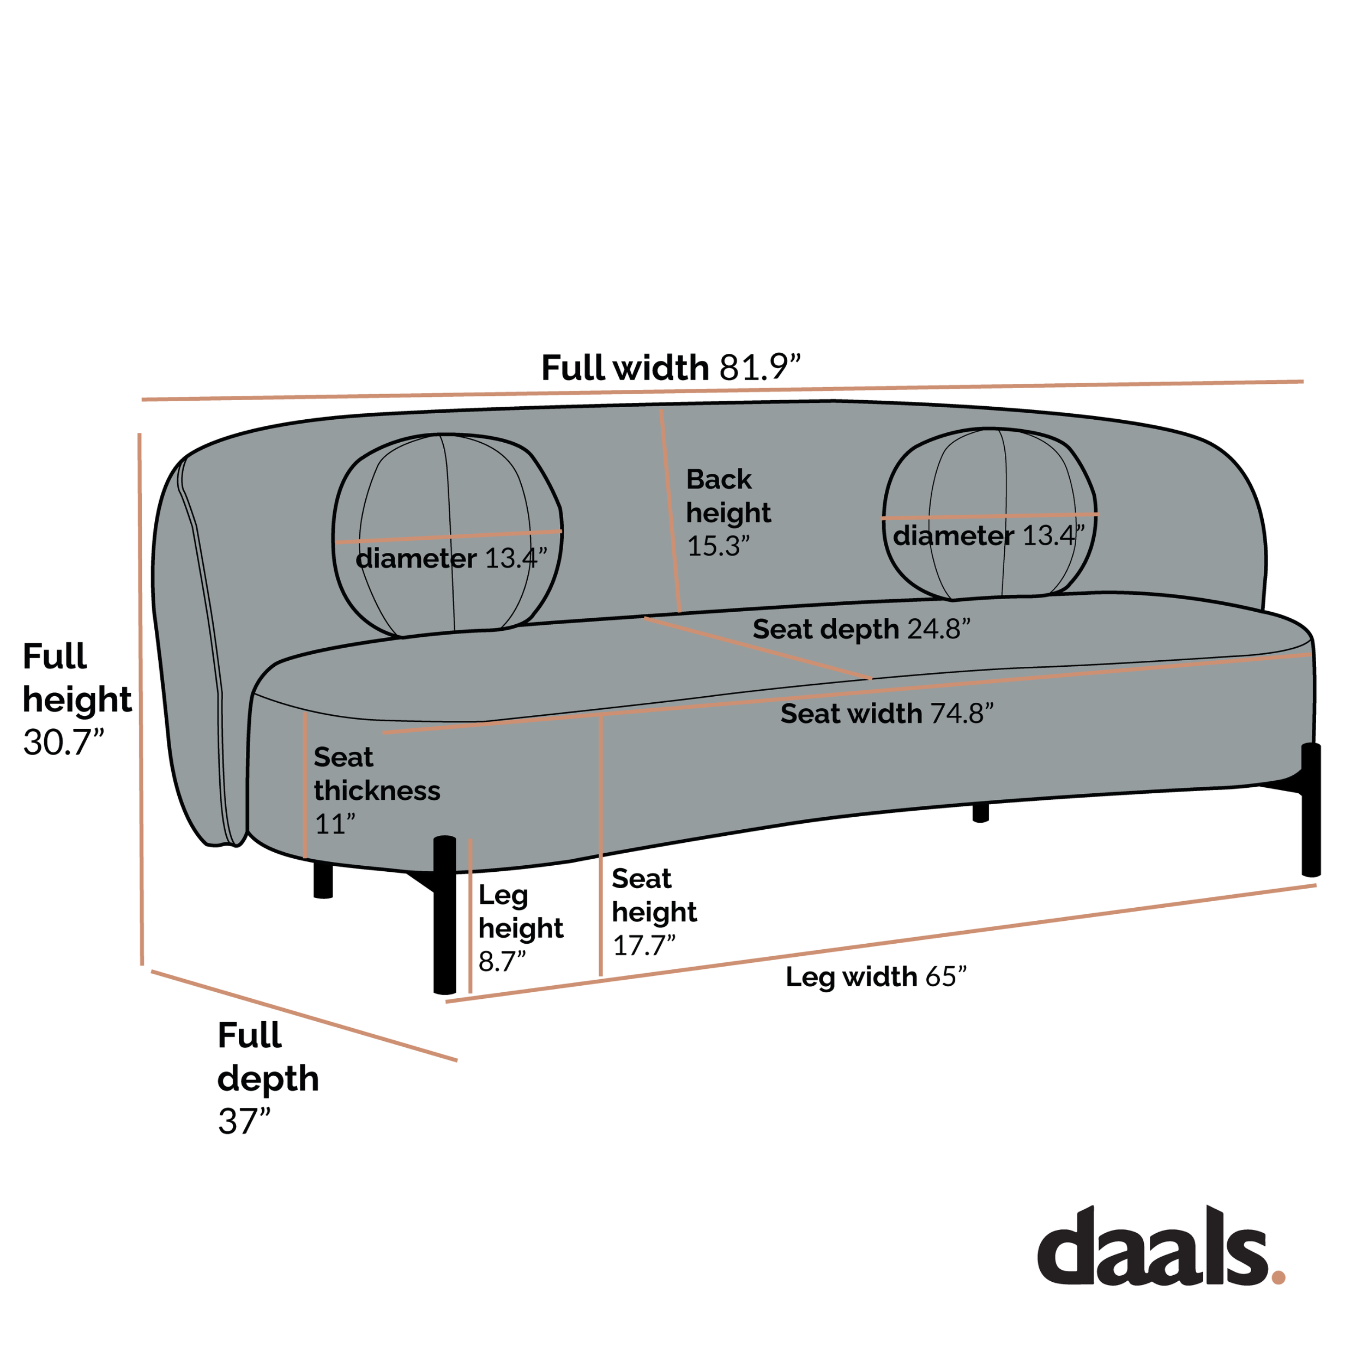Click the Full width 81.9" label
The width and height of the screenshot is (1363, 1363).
(x=671, y=367)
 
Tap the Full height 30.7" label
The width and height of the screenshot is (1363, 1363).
(x=77, y=698)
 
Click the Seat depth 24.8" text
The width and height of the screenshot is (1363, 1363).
(x=861, y=629)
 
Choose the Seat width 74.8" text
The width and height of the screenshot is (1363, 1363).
(x=887, y=713)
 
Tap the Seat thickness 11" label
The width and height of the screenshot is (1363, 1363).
(x=377, y=790)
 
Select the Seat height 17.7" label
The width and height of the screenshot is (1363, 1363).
(x=654, y=912)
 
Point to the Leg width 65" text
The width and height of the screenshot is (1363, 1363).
(x=876, y=977)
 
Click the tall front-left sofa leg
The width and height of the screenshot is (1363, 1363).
(x=444, y=914)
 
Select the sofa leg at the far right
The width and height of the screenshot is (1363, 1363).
(x=1311, y=810)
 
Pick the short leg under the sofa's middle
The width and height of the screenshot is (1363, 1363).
(x=981, y=813)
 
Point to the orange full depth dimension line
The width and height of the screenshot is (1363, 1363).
(x=304, y=1016)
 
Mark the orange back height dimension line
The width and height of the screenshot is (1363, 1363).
(x=670, y=511)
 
